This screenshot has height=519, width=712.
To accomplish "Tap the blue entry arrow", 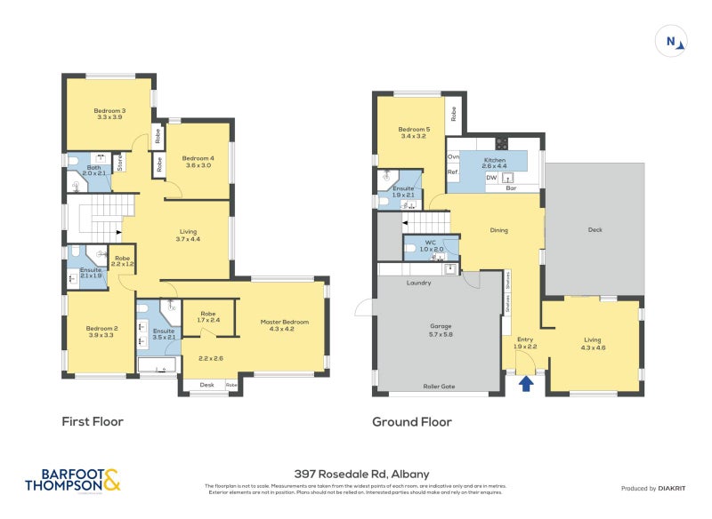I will point(526,383).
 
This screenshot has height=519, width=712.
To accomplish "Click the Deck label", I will point(595,229).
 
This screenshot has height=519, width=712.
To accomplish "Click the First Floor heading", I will point(92,421).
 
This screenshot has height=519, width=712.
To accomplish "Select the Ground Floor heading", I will point(411,422).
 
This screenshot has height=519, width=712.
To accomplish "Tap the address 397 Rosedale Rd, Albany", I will point(355,475).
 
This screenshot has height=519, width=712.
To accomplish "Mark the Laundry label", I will point(418,283).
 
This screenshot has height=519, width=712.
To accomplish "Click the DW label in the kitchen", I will point(491,178).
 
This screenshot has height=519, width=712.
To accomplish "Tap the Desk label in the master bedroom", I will point(206,385).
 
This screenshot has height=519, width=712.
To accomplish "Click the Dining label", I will point(498,230).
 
